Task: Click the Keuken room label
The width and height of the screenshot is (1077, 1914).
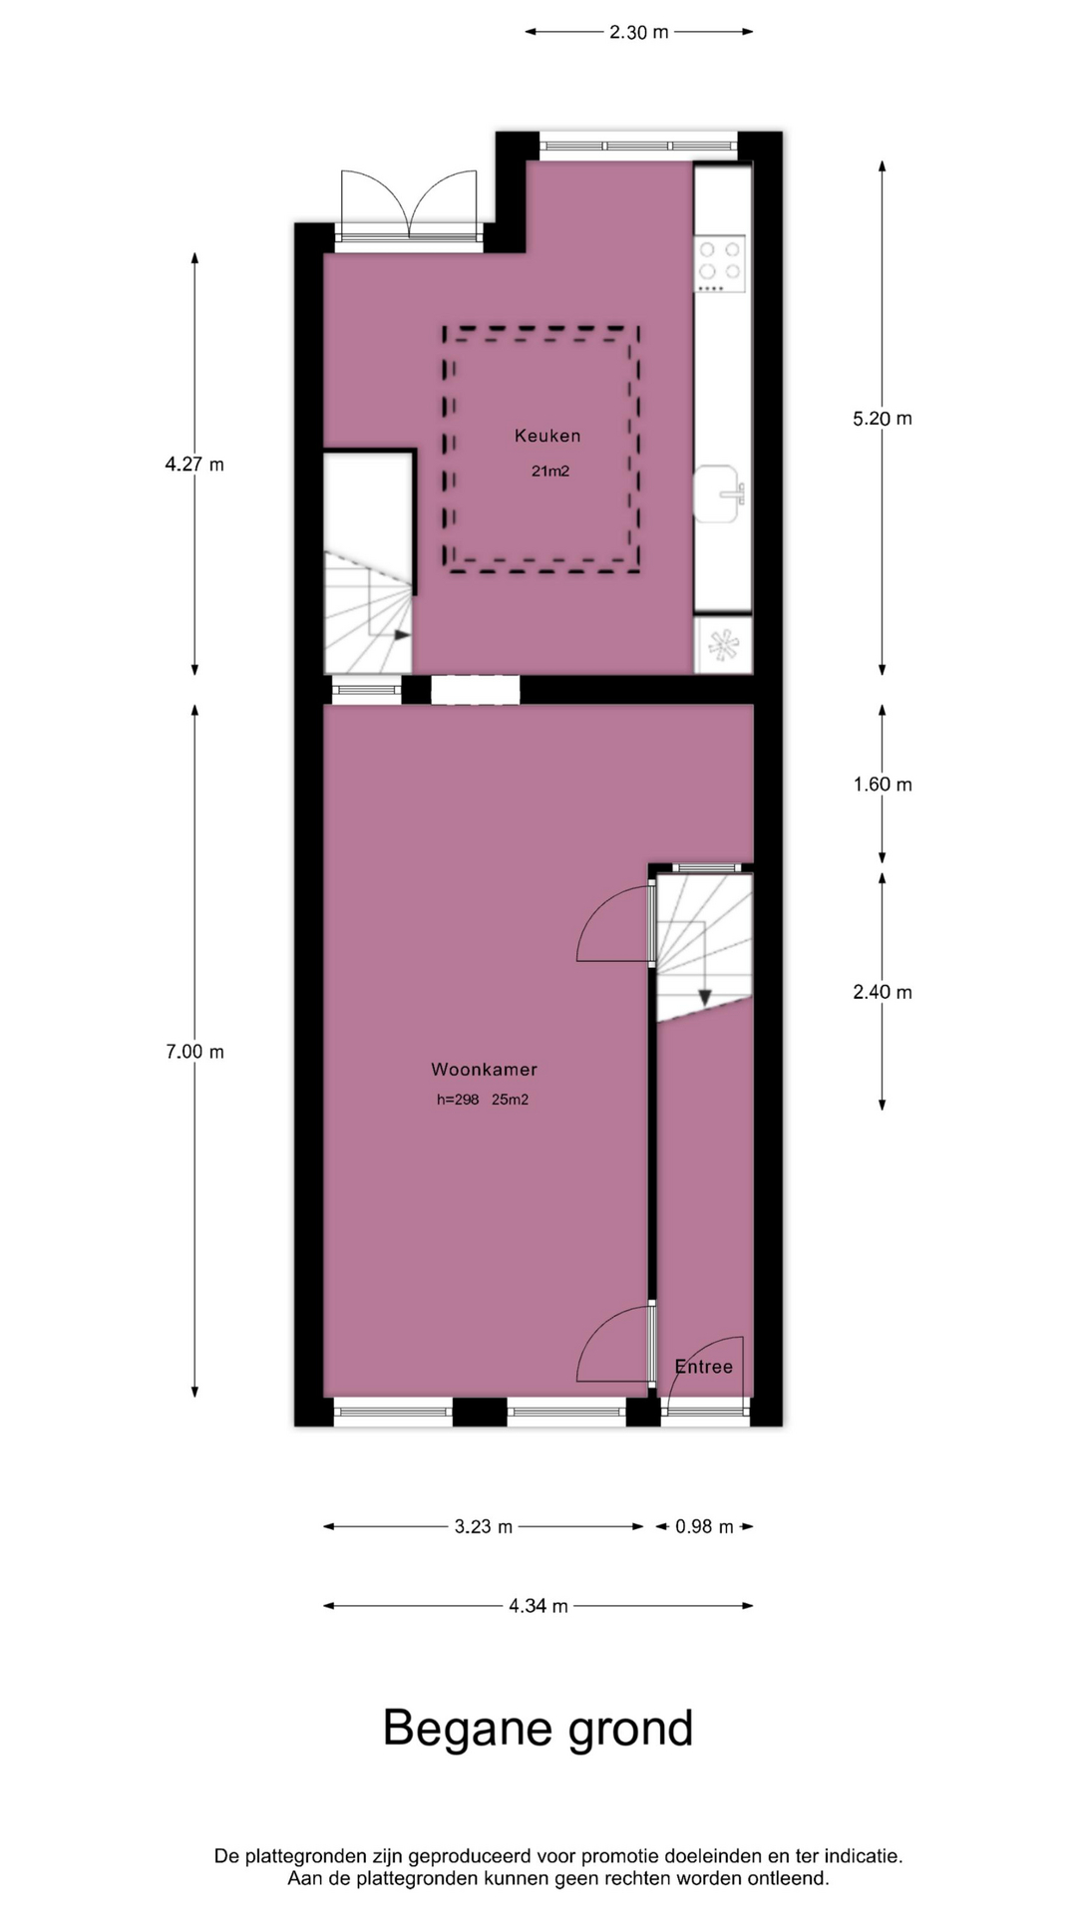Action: [547, 436]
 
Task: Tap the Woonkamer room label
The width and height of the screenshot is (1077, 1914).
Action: [484, 1070]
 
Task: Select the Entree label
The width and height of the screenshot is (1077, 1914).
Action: [703, 1367]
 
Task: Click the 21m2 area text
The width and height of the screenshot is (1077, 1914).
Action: [550, 472]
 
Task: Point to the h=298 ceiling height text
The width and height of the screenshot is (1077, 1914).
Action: [458, 1101]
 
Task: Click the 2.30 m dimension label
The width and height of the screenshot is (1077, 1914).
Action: [639, 32]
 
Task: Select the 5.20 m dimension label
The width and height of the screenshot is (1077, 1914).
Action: [883, 419]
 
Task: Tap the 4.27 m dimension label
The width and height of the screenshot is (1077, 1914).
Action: [194, 465]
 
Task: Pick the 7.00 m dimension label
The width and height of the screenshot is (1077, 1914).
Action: [194, 1052]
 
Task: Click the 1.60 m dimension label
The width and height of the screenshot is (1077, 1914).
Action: [883, 785]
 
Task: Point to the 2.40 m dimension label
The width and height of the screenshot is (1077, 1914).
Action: [883, 992]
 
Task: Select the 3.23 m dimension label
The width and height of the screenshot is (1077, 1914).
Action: [484, 1526]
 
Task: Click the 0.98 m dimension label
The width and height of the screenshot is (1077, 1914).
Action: [704, 1526]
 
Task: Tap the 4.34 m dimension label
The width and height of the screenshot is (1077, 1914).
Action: [538, 1606]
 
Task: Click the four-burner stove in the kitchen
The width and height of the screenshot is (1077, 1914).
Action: [720, 264]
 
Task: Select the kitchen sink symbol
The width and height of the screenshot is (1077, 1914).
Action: [719, 493]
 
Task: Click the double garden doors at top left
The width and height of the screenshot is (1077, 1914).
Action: [409, 204]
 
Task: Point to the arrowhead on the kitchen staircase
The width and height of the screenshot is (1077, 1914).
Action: [403, 635]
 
